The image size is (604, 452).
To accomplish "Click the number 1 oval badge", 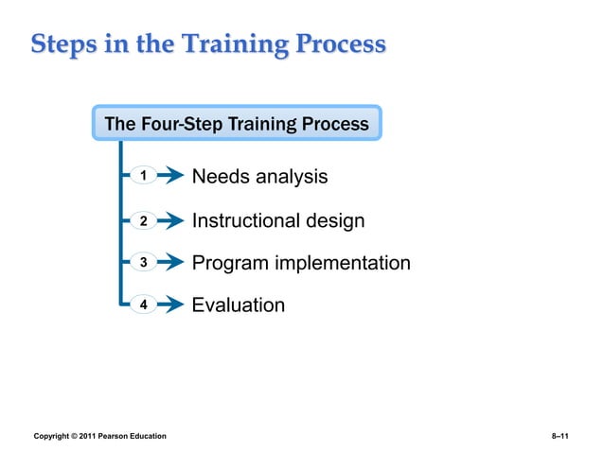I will click(143, 176).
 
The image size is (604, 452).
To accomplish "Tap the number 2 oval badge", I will click(143, 220).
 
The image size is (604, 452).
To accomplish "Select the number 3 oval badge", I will click(143, 263).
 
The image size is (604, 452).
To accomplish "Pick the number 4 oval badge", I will click(143, 305).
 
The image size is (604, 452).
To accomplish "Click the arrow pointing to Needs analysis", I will click(170, 176).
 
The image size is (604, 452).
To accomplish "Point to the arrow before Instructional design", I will click(170, 220).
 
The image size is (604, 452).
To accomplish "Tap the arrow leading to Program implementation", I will click(170, 263).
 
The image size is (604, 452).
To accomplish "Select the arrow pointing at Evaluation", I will click(170, 305).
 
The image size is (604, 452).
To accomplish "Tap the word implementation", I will click(343, 263).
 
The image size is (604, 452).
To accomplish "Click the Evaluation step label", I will click(238, 305).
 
